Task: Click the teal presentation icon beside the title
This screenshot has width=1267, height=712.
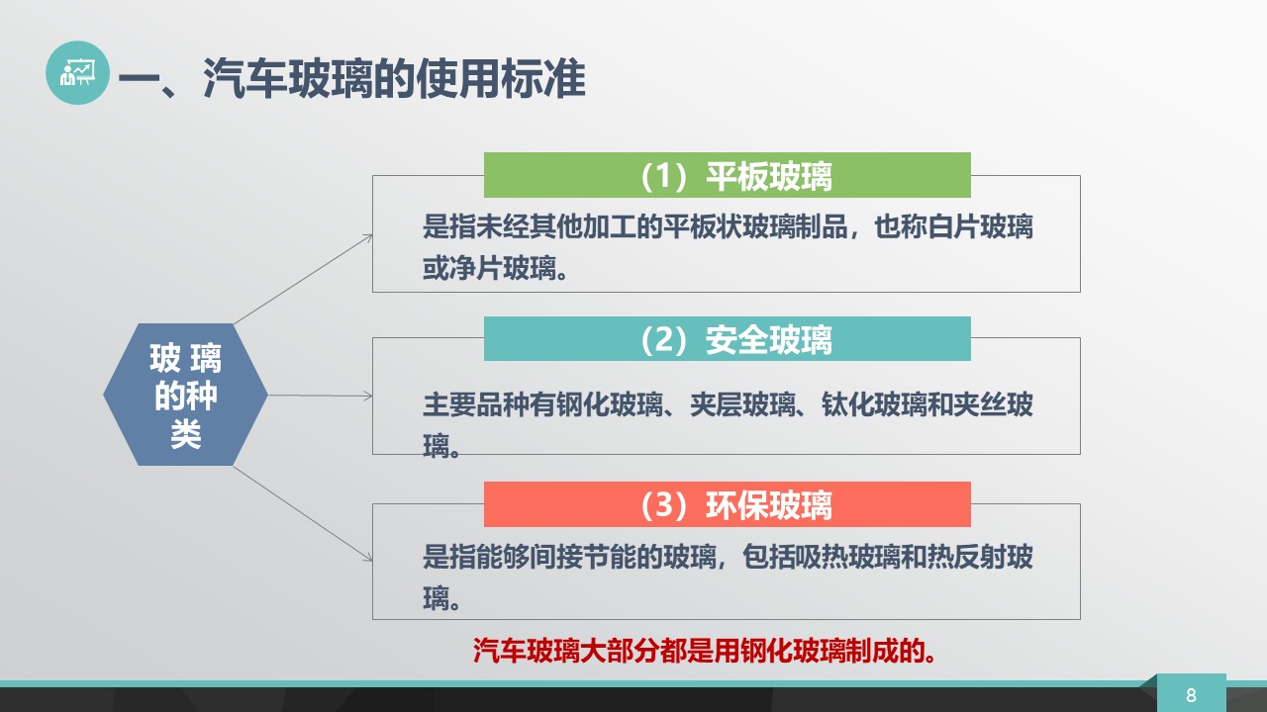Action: (77, 72)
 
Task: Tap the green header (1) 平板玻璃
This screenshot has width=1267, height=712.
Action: (727, 175)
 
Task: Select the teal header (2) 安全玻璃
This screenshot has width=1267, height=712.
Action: (727, 338)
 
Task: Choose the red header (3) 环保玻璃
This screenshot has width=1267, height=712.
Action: (727, 504)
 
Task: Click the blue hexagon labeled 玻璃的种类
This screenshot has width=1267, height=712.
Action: (185, 395)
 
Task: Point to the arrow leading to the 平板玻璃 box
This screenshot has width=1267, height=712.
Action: (303, 279)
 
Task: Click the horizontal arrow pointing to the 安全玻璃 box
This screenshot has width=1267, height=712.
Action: (320, 396)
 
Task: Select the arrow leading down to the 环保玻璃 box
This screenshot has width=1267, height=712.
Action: (303, 514)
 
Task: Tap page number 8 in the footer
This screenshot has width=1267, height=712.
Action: (1191, 695)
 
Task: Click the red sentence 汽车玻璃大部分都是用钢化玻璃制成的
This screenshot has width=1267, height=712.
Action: (705, 651)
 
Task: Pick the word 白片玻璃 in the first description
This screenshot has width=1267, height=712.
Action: (980, 226)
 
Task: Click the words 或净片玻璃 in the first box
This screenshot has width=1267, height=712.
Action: (489, 268)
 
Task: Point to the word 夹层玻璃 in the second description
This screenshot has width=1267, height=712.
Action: (742, 404)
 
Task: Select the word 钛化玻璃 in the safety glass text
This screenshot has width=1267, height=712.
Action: (874, 404)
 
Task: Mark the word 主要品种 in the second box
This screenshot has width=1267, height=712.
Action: (476, 404)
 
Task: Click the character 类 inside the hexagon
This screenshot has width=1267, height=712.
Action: (185, 434)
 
